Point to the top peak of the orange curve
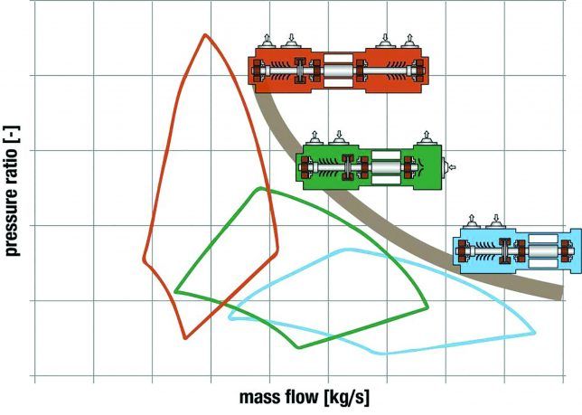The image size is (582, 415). pos(206,35)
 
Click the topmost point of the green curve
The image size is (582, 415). pos(260,188)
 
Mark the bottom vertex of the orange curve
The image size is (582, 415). pos(185,338)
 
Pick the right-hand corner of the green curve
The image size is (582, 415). pos(427,309)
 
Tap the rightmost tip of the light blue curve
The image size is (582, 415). pos(535,332)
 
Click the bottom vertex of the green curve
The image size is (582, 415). pos(297,347)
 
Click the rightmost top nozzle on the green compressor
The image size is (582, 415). pos(425,138)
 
